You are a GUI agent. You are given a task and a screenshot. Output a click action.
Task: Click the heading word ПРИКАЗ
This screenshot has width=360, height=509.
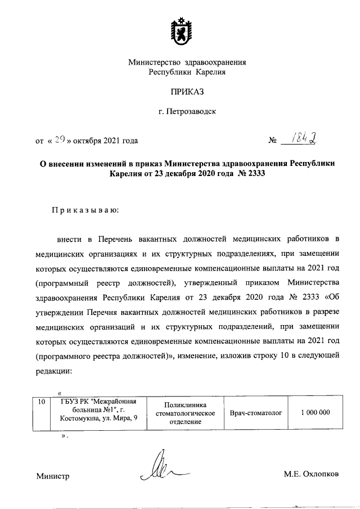pyautogui.click(x=187, y=91)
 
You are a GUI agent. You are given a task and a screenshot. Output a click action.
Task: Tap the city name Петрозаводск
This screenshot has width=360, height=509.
pyautogui.click(x=187, y=111)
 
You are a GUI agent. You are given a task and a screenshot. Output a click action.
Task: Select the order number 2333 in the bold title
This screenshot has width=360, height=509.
pyautogui.click(x=252, y=174)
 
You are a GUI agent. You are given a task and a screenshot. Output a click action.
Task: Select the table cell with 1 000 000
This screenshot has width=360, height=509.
pyautogui.click(x=315, y=413)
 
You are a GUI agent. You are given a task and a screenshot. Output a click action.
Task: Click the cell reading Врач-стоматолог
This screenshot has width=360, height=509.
pyautogui.click(x=255, y=413)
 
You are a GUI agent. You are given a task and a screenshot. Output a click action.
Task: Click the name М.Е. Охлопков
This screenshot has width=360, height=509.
pyautogui.click(x=311, y=474)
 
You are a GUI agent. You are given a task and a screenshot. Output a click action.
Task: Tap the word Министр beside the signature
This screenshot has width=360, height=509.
pyautogui.click(x=53, y=476)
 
